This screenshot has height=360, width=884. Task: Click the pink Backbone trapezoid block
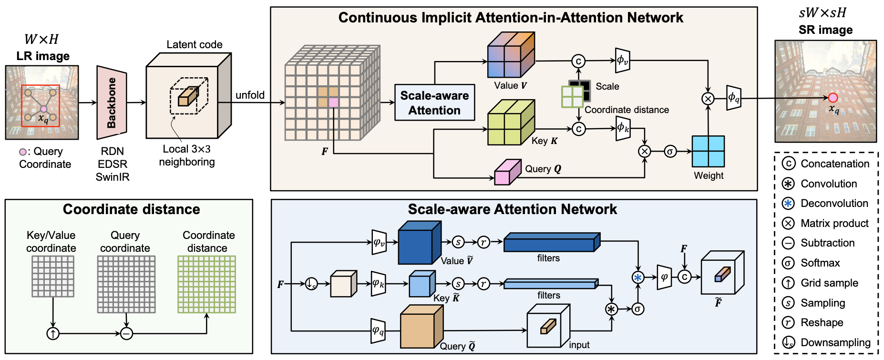click(x=112, y=103)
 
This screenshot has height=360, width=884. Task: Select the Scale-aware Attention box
click(x=434, y=103)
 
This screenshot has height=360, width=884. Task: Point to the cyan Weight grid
click(x=708, y=151)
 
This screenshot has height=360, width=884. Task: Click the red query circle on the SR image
click(x=833, y=98)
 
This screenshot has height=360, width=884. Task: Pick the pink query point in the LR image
click(x=43, y=109)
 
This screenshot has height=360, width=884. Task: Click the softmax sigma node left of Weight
click(x=670, y=152)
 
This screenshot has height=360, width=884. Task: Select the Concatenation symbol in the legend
click(x=789, y=164)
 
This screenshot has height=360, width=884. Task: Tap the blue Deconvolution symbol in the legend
click(x=789, y=204)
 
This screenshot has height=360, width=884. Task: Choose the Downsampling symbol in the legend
click(x=789, y=342)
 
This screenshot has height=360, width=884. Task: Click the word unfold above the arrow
click(x=250, y=95)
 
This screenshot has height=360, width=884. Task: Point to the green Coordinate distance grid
click(x=206, y=284)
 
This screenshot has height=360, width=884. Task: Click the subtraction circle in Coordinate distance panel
click(x=126, y=334)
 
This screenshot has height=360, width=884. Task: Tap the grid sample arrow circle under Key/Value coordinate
click(x=53, y=334)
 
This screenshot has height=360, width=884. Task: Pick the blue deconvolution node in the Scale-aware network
click(x=637, y=278)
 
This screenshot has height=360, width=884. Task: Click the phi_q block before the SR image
click(x=733, y=98)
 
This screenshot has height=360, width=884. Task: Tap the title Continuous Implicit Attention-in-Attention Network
click(x=511, y=18)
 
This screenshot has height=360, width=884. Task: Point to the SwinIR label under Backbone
click(x=113, y=177)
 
